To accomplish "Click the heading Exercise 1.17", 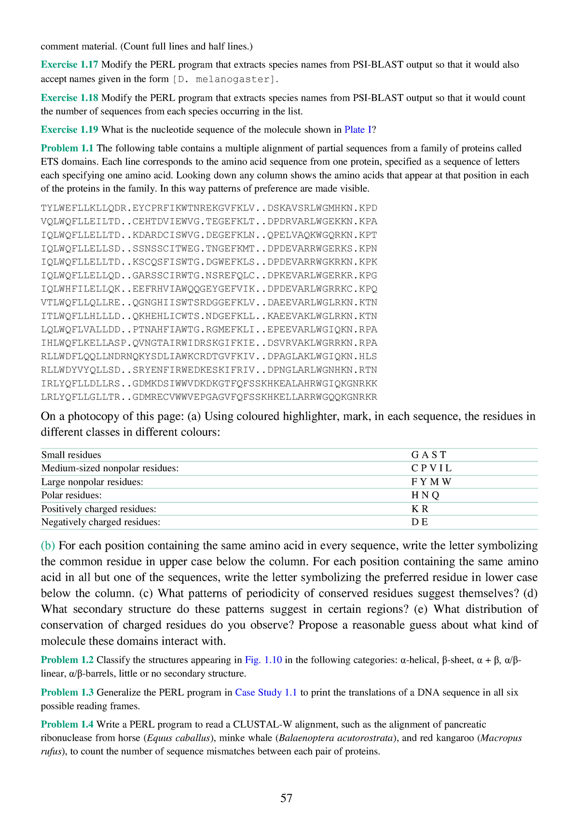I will coord(69,65).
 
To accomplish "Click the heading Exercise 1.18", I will coord(69,98).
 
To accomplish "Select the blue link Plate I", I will coord(358,129).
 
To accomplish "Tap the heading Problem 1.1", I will coord(67,148).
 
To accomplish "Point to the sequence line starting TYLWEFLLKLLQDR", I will coord(209,208).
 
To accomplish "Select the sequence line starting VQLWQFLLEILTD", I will coord(209,222).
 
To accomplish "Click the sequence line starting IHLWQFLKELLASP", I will coord(209,343).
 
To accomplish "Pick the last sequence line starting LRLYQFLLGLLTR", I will coord(209,397).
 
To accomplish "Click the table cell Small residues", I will coord(71,455).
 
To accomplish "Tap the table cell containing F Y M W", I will coord(431,482).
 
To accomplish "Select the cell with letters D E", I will coord(419,522).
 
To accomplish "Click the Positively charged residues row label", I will coord(99,509).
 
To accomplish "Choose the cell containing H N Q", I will coord(425,495).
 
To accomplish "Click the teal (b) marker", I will coord(48,546).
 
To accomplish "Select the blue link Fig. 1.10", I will coord(263,660).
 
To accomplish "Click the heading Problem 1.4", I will coord(67,724).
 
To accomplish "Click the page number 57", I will coord(286,798).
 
